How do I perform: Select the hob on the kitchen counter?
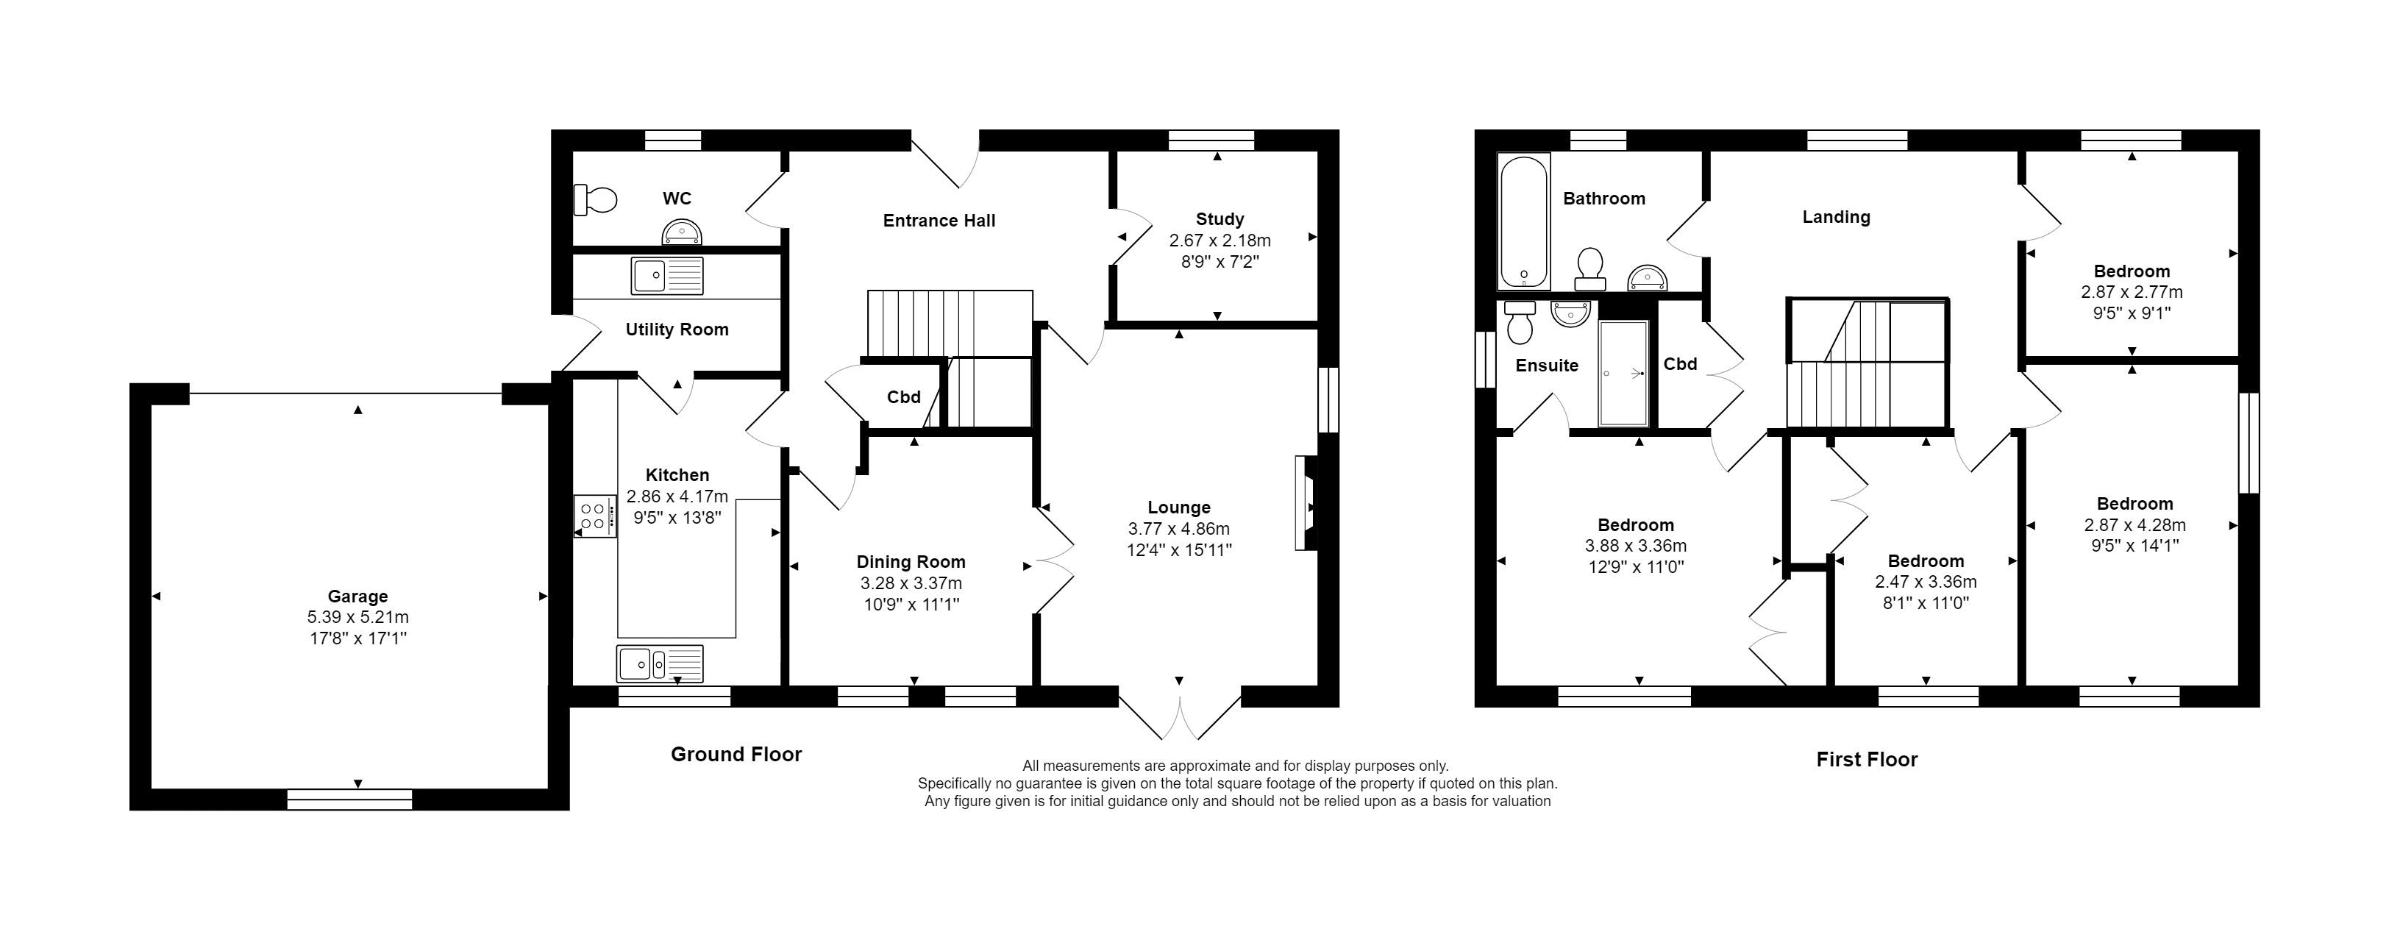[x=594, y=516]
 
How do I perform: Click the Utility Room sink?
[x=668, y=275]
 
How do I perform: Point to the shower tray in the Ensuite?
[x=1623, y=374]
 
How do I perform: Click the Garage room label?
[x=358, y=596]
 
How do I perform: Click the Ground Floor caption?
[x=736, y=755]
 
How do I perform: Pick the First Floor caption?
[x=1867, y=760]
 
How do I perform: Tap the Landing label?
[x=1837, y=217]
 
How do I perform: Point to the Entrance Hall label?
[x=939, y=221]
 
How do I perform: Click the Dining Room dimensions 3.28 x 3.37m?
[x=911, y=584]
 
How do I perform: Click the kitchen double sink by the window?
[x=659, y=663]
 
